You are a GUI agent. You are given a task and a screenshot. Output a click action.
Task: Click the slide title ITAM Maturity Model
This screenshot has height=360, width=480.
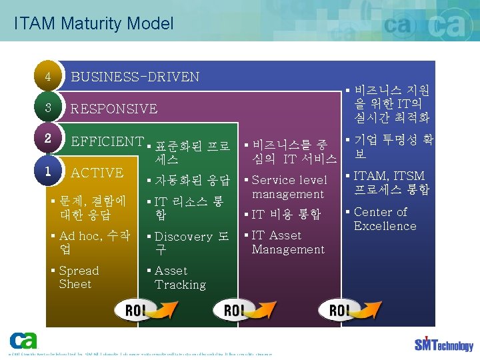(93, 24)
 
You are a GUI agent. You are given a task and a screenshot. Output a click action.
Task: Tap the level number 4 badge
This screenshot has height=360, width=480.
(48, 77)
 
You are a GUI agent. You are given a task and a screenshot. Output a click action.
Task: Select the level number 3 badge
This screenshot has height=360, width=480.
(48, 108)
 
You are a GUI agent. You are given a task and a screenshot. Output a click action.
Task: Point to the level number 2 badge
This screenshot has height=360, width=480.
(48, 139)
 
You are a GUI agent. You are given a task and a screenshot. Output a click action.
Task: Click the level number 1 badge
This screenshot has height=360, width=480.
(48, 171)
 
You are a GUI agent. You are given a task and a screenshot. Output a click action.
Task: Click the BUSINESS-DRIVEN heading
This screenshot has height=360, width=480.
(135, 77)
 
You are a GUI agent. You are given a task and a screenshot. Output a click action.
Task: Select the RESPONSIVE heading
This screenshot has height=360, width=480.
(114, 109)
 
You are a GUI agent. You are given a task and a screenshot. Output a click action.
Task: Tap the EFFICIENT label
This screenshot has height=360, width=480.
(107, 141)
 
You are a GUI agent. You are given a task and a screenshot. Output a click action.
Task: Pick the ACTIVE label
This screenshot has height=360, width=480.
(97, 173)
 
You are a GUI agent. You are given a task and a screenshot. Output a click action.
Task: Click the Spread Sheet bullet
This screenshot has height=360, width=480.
(78, 277)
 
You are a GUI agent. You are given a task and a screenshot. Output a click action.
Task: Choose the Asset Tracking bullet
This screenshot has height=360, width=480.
(179, 278)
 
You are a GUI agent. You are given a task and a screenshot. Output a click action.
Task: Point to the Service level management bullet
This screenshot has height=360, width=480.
(289, 187)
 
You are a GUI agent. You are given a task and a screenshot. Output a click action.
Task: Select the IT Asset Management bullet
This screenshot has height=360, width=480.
(287, 243)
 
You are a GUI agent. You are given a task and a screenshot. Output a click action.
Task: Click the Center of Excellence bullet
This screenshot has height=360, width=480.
(384, 219)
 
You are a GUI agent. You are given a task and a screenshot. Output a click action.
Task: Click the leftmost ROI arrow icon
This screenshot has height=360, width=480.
(146, 311)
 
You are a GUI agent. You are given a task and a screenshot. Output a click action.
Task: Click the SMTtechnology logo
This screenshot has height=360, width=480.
(444, 343)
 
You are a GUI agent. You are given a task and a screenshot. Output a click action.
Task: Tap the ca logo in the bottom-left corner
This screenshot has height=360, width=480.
(23, 340)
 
